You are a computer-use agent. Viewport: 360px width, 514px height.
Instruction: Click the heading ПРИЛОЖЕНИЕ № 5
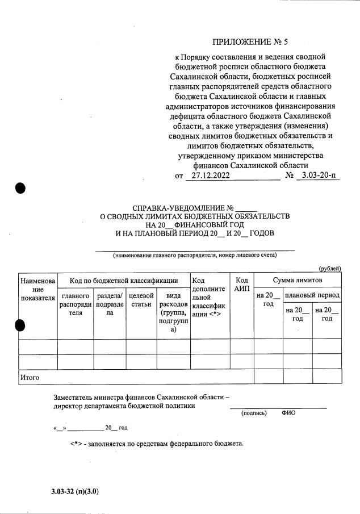(x=254, y=41)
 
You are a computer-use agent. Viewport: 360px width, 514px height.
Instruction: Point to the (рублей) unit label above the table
(x=329, y=268)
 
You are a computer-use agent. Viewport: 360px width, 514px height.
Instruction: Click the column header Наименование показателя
(x=37, y=289)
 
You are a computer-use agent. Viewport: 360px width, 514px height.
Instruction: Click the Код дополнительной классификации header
(x=208, y=297)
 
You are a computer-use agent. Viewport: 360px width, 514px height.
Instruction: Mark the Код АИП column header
(x=242, y=285)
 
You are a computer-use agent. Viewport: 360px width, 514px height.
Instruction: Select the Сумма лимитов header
(x=297, y=281)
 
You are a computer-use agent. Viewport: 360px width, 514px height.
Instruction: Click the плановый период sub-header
(x=312, y=295)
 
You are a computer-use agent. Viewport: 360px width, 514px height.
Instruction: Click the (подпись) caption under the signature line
(x=254, y=413)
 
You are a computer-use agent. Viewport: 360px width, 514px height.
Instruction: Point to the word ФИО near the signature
(x=288, y=413)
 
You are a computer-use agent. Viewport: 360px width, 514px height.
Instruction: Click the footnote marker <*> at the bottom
(x=77, y=444)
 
